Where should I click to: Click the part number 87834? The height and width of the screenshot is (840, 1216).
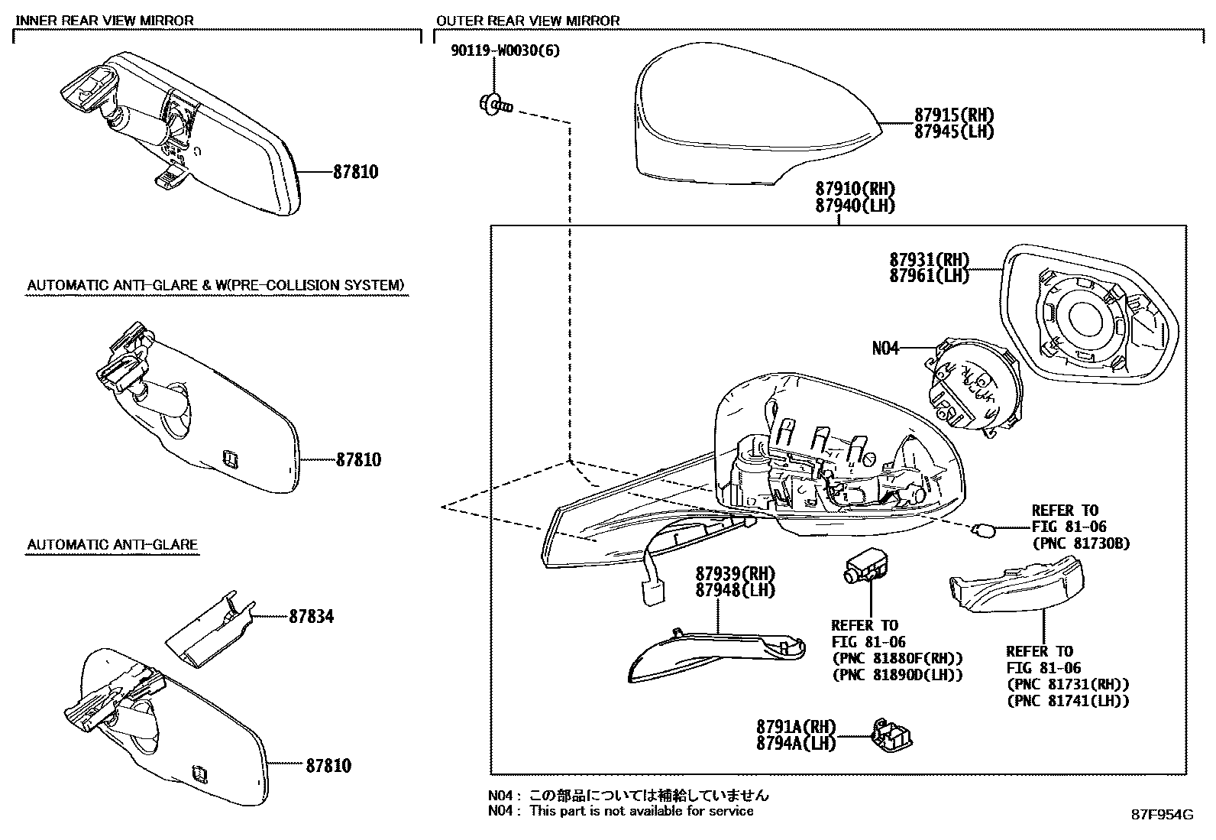311,616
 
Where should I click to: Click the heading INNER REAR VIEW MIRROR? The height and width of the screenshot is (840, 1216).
105,21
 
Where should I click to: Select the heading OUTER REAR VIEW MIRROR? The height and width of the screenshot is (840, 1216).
528,21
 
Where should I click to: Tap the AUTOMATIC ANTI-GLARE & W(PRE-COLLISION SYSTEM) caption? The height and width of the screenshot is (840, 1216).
216,286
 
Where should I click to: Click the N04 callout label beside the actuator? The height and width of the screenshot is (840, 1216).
886,349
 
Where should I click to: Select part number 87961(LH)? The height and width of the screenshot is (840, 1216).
929,276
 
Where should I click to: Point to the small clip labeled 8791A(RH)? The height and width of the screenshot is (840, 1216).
892,736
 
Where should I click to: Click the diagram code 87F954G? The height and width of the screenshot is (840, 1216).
1162,815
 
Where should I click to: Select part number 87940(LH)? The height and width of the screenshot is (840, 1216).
855,206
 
